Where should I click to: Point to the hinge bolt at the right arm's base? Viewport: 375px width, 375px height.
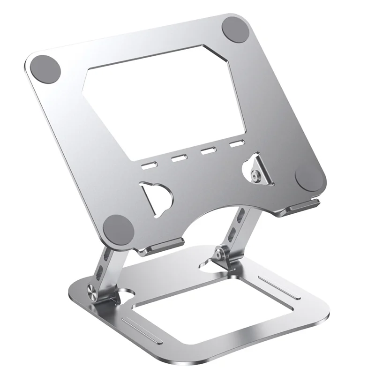[x=219, y=253]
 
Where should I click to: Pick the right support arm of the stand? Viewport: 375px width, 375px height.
[x=237, y=230]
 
